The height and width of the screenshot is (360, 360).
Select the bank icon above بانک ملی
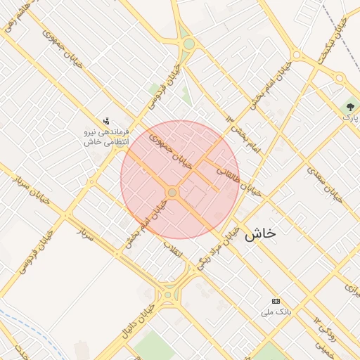(x=275, y=300)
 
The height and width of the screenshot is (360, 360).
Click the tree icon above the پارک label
(x=349, y=107)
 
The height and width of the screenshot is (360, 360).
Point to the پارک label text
(x=349, y=117)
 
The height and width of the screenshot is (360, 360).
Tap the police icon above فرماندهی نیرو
(x=106, y=120)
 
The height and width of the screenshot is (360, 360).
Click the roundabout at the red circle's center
(x=172, y=192)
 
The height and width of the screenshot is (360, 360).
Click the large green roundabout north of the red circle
(x=188, y=44)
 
